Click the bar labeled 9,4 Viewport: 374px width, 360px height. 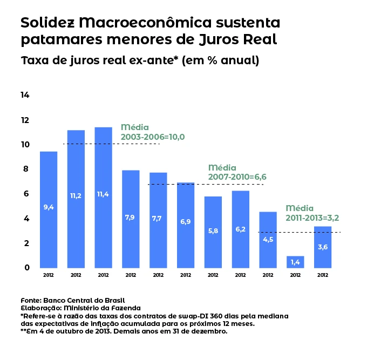[x=49, y=209]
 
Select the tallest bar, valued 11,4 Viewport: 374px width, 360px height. [x=103, y=198]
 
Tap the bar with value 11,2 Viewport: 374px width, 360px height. [x=76, y=199]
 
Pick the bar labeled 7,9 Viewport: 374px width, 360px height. [x=131, y=219]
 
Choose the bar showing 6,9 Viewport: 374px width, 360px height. [x=186, y=225]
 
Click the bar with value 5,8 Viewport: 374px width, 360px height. [x=213, y=232]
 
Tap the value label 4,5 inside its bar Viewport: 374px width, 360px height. [x=268, y=239]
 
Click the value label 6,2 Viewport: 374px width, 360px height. [x=241, y=229]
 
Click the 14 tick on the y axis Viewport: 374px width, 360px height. [x=25, y=95]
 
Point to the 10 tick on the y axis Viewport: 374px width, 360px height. [x=25, y=145]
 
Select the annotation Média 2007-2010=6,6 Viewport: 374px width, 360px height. [x=237, y=172]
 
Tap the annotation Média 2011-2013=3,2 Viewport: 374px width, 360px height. [x=312, y=213]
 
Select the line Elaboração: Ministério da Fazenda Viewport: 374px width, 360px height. [x=76, y=308]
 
